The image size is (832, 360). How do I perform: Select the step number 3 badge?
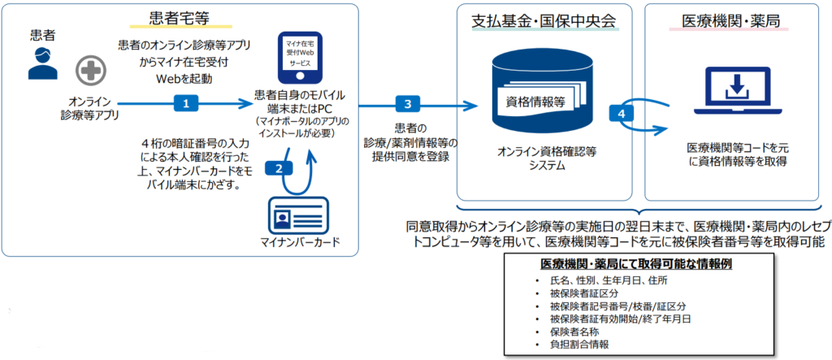pos(408,103)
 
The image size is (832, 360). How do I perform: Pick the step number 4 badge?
pos(622,113)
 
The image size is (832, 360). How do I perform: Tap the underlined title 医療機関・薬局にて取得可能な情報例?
pos(637,265)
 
